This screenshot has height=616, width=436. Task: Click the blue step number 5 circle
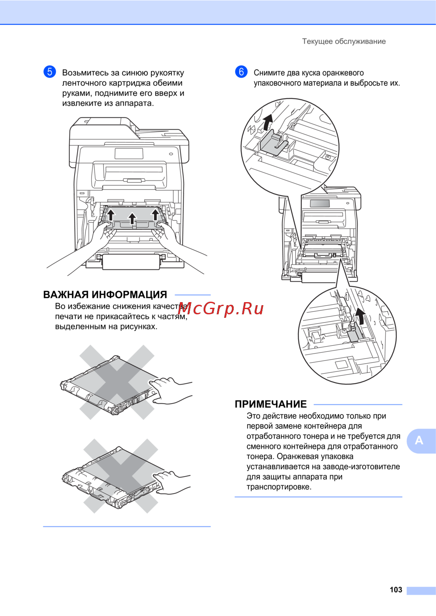[x=50, y=72]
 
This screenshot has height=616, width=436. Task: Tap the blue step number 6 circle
[x=241, y=72]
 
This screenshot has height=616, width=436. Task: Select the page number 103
[x=396, y=589]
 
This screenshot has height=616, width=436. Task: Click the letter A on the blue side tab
[x=419, y=440]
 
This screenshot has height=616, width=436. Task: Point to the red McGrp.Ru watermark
[x=221, y=309]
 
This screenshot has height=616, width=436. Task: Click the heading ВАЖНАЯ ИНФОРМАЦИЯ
[x=105, y=295]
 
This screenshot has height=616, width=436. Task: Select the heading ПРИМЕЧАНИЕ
[x=271, y=404]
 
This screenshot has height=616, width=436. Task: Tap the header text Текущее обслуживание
[x=344, y=41]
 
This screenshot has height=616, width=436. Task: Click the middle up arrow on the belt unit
[x=132, y=219]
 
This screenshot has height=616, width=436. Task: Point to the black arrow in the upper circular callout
[x=267, y=123]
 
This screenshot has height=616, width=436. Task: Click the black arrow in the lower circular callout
[x=360, y=316]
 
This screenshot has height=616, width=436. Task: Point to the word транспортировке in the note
[x=279, y=487]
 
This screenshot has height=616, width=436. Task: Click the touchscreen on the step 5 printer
[x=129, y=154]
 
